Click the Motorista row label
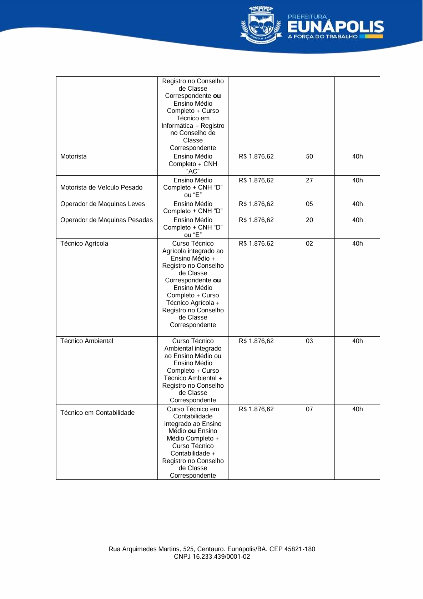[73, 156]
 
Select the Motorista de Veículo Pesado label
[101, 187]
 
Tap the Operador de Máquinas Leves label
[102, 204]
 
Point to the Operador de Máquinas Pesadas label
[106, 220]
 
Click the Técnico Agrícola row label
[84, 243]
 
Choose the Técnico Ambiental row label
[86, 341]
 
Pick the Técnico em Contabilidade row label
[97, 413]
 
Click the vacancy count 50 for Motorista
[309, 156]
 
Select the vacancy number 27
[309, 180]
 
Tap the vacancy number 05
[309, 204]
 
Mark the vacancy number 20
[309, 220]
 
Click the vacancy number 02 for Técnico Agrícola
[309, 243]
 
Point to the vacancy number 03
[309, 341]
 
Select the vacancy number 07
[309, 409]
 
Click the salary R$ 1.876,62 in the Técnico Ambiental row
[256, 341]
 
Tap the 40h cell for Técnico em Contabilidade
[357, 409]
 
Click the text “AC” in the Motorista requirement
[193, 171]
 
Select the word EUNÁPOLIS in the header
[335, 27]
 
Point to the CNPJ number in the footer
[212, 557]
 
